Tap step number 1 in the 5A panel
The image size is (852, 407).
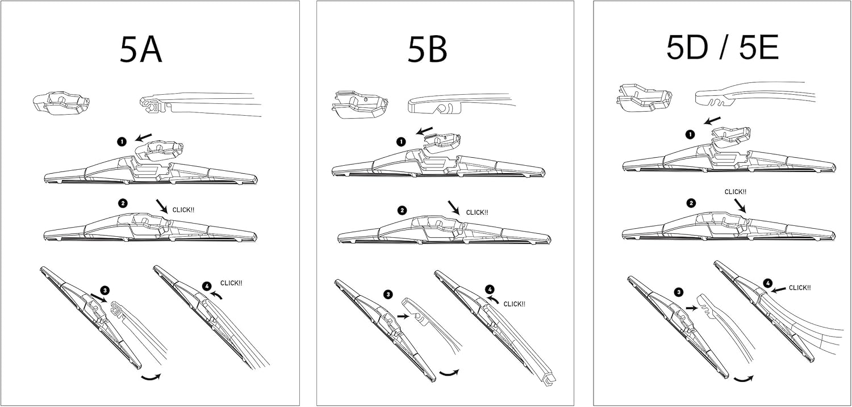(122, 142)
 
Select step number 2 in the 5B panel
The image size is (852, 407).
(402, 210)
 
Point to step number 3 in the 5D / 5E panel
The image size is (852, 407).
(678, 292)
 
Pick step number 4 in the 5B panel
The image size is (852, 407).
(490, 289)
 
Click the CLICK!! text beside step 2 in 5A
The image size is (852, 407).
(183, 210)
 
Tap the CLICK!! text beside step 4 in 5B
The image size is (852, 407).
(514, 304)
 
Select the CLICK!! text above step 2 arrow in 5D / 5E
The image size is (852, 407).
(736, 192)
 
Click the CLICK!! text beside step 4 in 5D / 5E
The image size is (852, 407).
(800, 288)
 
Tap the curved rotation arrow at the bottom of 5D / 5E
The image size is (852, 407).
(743, 378)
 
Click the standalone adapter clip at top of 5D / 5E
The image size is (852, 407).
(642, 96)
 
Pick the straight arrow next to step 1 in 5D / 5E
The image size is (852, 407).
(712, 121)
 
